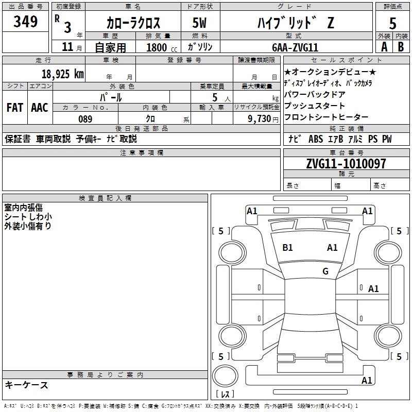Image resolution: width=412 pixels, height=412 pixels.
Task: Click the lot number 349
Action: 26,22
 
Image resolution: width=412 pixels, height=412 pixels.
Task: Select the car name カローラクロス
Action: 133,23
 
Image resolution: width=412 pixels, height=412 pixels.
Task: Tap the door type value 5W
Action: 200,23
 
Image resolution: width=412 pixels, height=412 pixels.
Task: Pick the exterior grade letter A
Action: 384,46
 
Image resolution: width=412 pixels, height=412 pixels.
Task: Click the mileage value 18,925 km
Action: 62,74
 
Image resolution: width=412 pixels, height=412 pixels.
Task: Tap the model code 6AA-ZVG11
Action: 295,47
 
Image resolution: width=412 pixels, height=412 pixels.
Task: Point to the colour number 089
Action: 85,119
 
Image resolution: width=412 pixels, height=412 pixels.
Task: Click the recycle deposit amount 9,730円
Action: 263,119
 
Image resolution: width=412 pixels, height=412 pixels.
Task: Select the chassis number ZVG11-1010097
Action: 346,164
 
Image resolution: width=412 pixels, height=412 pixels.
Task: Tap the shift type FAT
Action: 14,108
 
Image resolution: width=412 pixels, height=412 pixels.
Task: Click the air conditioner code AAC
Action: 40,108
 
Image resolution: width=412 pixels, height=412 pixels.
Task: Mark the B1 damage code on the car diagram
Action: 287,248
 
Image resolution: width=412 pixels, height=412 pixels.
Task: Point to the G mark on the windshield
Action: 325,271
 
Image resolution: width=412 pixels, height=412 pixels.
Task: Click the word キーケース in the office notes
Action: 27,385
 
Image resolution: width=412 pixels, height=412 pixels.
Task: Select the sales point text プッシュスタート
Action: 314,106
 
